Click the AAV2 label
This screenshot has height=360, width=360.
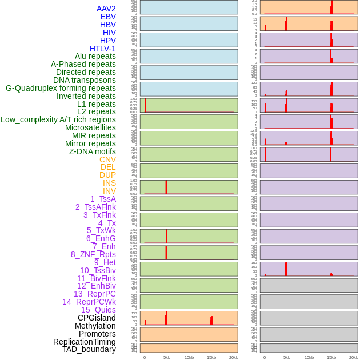click(x=106, y=9)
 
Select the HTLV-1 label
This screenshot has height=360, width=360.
click(x=102, y=49)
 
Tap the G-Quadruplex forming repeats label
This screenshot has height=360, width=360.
click(x=61, y=88)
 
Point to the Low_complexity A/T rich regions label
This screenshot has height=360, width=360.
click(x=58, y=119)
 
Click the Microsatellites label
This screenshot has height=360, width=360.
click(x=90, y=127)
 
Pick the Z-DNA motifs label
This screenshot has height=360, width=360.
click(x=93, y=151)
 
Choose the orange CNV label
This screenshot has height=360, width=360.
click(x=107, y=159)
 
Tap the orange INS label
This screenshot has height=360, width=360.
click(x=109, y=183)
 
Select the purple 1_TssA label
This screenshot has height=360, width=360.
click(x=103, y=199)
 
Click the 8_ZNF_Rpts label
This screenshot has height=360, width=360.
click(x=93, y=254)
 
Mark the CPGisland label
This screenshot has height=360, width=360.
click(x=97, y=318)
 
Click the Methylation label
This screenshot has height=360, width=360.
click(x=95, y=326)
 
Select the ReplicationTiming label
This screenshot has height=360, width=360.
click(x=85, y=342)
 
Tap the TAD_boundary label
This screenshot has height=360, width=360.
click(x=89, y=349)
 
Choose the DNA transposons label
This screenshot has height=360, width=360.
click(x=85, y=80)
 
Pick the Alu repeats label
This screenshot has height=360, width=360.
click(x=95, y=56)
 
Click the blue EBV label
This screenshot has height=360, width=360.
click(x=108, y=17)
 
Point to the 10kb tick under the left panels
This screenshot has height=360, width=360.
click(x=189, y=357)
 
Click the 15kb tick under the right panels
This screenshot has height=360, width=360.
click(x=331, y=357)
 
